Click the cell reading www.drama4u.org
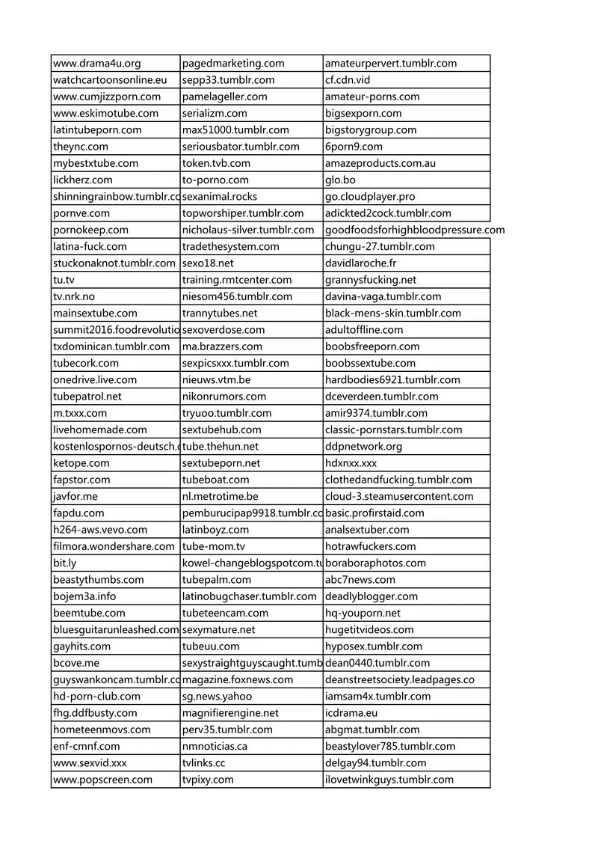(97, 64)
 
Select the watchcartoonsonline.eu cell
(110, 80)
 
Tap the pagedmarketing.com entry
(233, 64)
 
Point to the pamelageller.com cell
(225, 97)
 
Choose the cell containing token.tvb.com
(216, 163)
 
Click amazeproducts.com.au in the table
(380, 163)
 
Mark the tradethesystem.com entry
(231, 246)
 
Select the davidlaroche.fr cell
(361, 263)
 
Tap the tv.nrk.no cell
(74, 296)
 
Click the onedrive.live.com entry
(95, 379)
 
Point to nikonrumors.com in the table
(224, 397)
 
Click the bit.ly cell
(64, 563)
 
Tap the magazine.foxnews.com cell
(238, 679)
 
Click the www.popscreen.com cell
(102, 780)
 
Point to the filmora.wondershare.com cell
(114, 546)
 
